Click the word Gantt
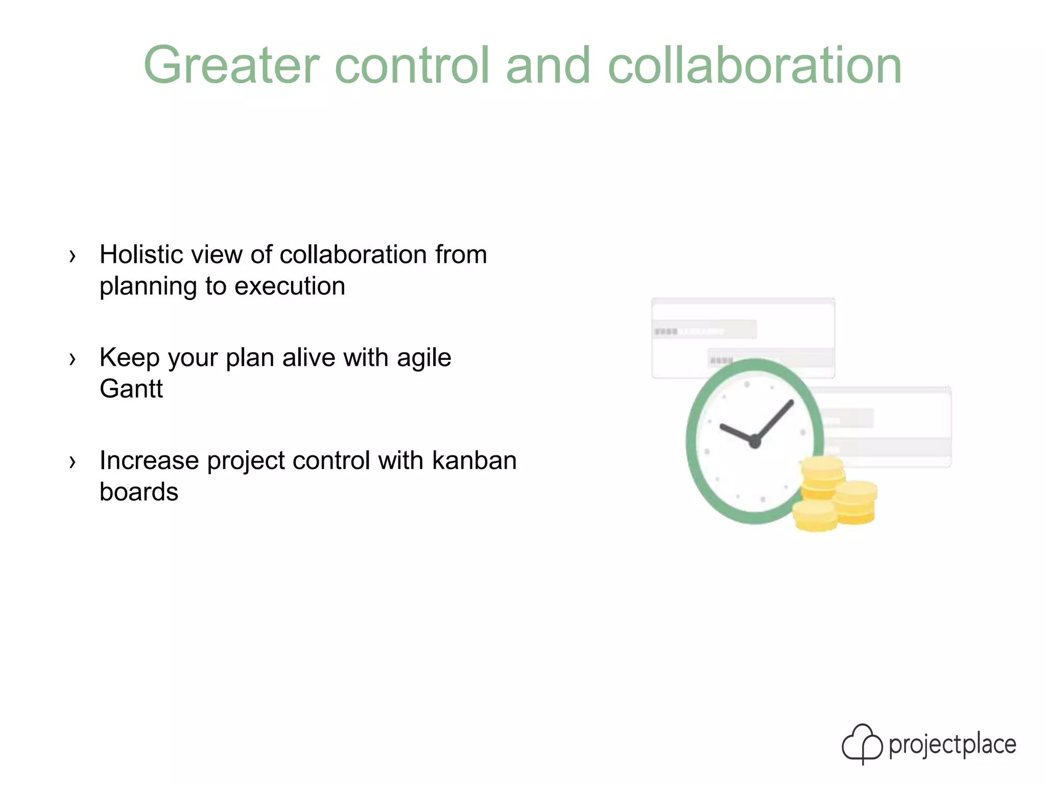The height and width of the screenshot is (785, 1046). (131, 389)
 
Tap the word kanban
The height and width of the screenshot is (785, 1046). (474, 460)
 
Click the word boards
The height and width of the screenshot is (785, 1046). (139, 492)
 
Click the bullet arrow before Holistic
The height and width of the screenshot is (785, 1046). (73, 256)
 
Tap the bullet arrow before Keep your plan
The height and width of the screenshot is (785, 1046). (73, 359)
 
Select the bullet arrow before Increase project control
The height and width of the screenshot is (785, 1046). (73, 462)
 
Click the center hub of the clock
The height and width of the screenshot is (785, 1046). (755, 442)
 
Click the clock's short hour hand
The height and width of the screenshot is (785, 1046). (736, 433)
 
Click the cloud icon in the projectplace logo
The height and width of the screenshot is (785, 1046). (862, 744)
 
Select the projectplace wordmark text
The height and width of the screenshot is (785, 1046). (953, 745)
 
